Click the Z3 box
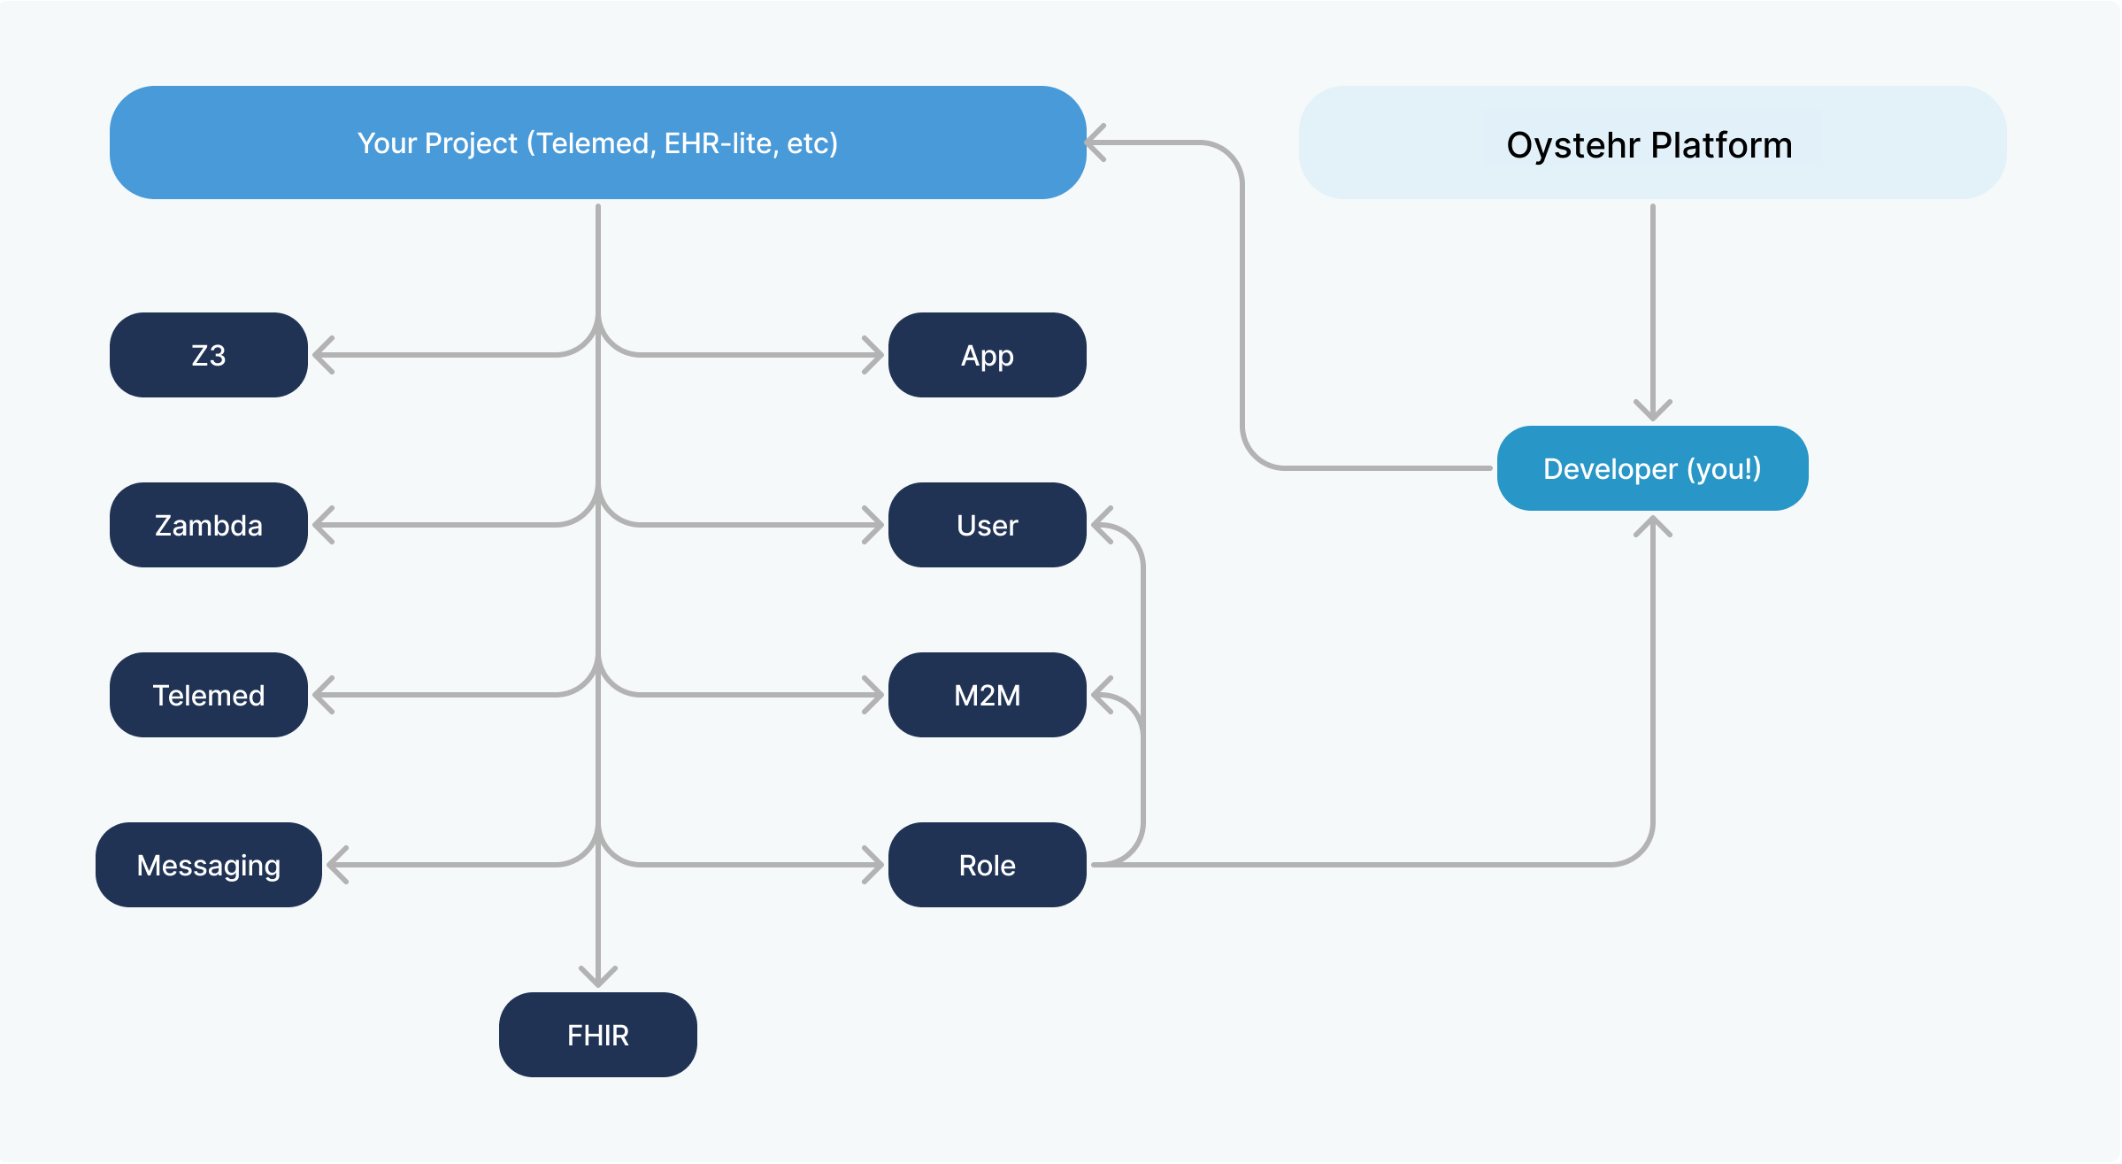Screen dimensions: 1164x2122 (208, 355)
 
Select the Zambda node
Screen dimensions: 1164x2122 (208, 525)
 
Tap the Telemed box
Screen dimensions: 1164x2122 (208, 695)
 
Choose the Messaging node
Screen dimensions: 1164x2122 (208, 865)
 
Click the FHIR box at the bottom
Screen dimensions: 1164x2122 (597, 1035)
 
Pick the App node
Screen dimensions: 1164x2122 (987, 355)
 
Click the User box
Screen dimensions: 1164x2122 (987, 525)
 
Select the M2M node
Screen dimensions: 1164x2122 (987, 695)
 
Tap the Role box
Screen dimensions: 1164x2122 (987, 865)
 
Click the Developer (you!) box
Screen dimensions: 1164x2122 (1652, 468)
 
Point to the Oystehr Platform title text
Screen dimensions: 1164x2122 (1649, 145)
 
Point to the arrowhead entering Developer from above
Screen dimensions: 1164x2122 (1652, 411)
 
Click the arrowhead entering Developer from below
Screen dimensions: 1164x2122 (1652, 526)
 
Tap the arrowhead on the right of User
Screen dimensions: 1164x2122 (1101, 525)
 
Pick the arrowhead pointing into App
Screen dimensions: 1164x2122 (874, 355)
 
